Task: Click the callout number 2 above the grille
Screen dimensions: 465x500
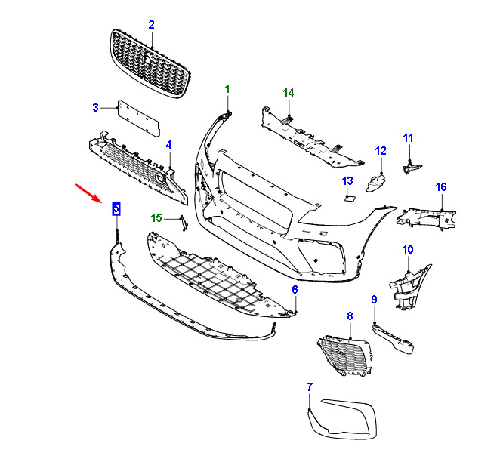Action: point(151,25)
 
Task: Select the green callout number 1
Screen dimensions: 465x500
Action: point(227,89)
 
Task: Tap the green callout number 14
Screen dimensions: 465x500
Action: point(288,93)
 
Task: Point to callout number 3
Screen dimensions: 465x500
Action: point(96,107)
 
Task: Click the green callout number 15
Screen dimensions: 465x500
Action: point(156,218)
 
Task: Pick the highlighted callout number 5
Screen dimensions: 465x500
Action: point(116,208)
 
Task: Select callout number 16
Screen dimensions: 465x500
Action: point(441,186)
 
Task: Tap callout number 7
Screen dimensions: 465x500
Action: point(309,387)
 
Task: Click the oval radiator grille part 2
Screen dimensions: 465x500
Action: point(150,63)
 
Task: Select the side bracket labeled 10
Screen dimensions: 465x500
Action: point(408,286)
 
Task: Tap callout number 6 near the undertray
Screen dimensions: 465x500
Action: point(295,290)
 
